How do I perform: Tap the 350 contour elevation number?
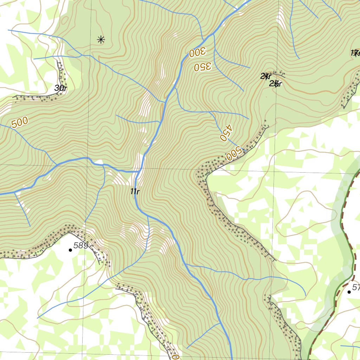(x=202, y=66)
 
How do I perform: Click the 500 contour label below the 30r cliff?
(x=19, y=123)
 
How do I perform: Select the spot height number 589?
(x=81, y=245)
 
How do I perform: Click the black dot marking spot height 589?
(x=70, y=250)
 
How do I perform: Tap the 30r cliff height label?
(x=60, y=88)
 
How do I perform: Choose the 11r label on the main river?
(x=135, y=192)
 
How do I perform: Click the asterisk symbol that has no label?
(x=101, y=40)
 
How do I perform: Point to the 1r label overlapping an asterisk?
(x=355, y=53)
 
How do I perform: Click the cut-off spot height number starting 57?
(x=356, y=288)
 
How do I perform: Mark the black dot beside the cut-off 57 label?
(x=349, y=292)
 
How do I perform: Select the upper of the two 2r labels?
(x=266, y=76)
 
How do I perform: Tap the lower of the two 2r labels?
(x=276, y=83)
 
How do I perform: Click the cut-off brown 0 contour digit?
(x=175, y=357)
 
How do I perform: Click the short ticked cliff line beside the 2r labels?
(x=280, y=74)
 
